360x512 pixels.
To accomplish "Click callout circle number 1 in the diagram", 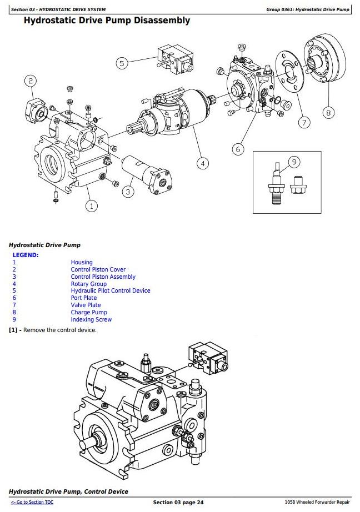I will click(x=92, y=206).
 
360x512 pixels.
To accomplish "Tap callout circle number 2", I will click(x=30, y=81).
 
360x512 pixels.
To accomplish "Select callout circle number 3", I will click(x=128, y=192).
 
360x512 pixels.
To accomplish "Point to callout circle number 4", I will click(x=203, y=163).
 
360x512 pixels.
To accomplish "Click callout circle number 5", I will click(x=122, y=63).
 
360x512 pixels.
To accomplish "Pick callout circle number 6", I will click(x=238, y=149).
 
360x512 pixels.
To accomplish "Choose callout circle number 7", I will click(x=304, y=123).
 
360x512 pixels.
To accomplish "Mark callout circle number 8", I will click(x=328, y=113).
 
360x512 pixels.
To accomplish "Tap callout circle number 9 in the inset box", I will click(x=294, y=162).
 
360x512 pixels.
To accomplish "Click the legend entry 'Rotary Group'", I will click(x=88, y=284).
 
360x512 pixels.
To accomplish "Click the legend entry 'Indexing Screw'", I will click(x=91, y=319).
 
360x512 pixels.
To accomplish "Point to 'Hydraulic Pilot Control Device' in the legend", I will click(x=110, y=291).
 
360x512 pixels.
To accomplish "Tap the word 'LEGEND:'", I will click(x=26, y=255).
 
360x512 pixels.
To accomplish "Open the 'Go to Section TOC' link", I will click(x=32, y=503).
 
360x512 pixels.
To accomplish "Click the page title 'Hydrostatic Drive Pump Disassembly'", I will click(x=107, y=21).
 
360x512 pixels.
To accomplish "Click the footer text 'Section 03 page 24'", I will click(x=178, y=503).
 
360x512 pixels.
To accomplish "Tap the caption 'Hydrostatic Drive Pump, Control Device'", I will click(x=68, y=491).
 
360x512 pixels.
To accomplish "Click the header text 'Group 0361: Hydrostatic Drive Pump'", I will click(x=308, y=9).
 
